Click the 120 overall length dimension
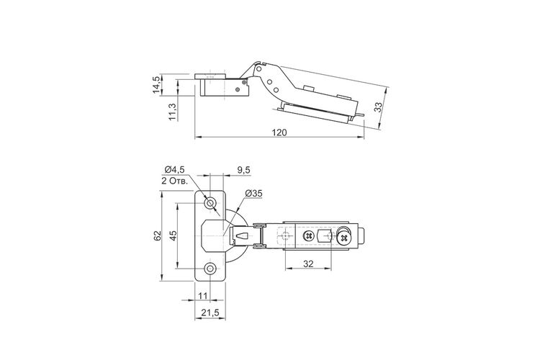279,132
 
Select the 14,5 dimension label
157,85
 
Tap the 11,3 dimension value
173,112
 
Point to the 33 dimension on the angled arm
379,107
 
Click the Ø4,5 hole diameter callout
175,169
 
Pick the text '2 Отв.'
174,181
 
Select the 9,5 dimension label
244,170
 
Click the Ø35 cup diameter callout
254,194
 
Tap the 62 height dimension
158,235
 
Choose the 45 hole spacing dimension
174,235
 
